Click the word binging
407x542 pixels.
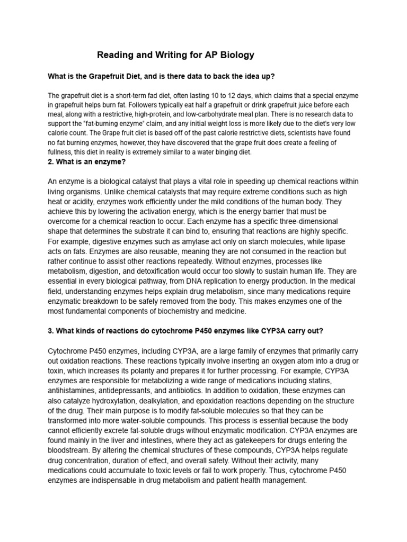[210, 152]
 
